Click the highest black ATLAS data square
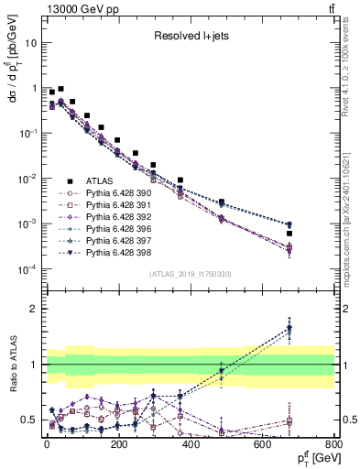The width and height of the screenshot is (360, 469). [x=60, y=90]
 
